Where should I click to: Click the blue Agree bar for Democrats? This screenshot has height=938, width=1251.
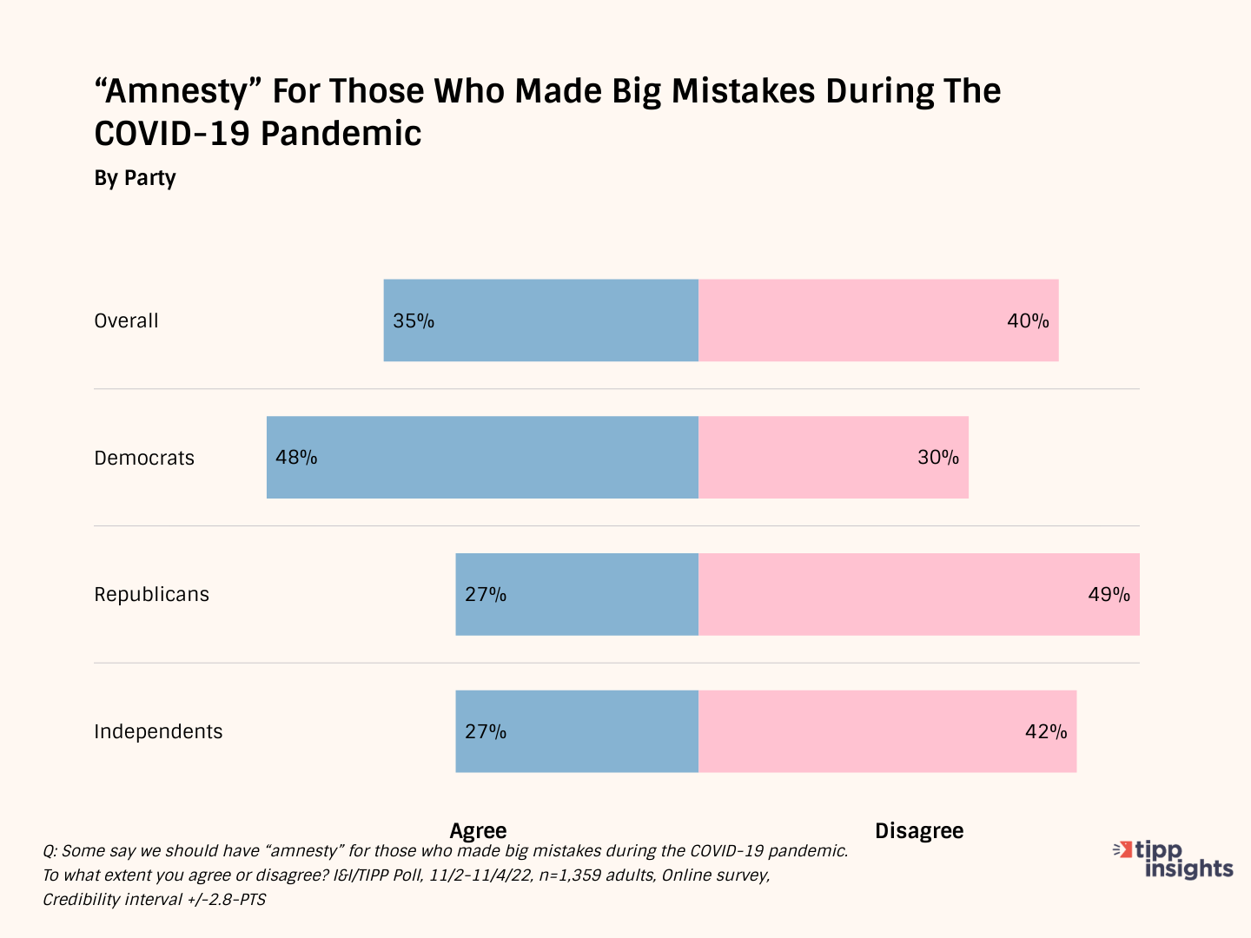tap(482, 457)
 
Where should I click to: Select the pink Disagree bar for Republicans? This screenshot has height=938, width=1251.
tap(919, 594)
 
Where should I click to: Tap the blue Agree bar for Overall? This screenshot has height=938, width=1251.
tap(540, 320)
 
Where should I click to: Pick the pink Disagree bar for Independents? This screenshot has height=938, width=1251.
tap(887, 731)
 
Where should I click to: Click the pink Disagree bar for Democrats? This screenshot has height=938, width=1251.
tap(833, 457)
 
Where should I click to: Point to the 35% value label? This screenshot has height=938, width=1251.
tap(414, 320)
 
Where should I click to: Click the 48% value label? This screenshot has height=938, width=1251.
tap(296, 457)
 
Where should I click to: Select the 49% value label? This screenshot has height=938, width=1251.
tap(1109, 594)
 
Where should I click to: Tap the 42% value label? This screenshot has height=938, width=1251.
tap(1046, 731)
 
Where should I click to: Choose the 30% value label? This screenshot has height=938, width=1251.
tap(938, 457)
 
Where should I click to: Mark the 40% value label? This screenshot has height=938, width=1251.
tap(1028, 320)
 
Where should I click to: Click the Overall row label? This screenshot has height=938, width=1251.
tap(127, 320)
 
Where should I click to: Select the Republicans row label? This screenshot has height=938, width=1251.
tap(152, 594)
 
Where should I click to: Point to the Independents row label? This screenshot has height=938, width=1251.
tap(158, 731)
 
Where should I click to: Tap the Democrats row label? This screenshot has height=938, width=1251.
tap(144, 458)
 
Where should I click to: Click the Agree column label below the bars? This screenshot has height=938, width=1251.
tap(478, 830)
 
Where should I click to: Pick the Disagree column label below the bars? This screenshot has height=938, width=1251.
tap(919, 830)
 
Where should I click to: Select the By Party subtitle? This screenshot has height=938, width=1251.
tap(135, 178)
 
